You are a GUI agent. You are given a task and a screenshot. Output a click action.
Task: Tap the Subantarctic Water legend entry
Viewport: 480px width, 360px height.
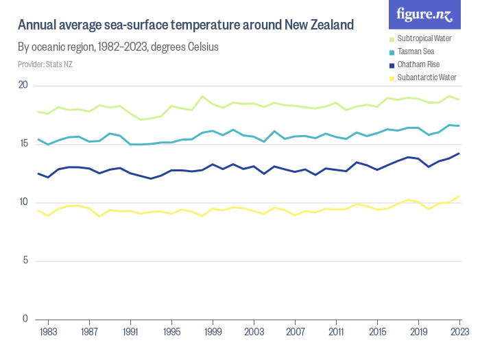(426, 77)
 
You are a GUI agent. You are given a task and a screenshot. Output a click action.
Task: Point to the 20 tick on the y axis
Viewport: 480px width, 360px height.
(23, 85)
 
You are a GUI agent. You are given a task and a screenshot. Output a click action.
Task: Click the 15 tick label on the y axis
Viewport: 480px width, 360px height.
(23, 143)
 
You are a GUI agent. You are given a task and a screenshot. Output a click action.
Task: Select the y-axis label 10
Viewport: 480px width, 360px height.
(23, 202)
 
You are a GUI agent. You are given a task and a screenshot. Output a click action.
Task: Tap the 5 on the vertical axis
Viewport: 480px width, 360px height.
(25, 261)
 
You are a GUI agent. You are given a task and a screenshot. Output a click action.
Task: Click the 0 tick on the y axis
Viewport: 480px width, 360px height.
(25, 319)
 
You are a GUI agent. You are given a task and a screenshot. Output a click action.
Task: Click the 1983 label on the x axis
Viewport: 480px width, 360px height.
(47, 332)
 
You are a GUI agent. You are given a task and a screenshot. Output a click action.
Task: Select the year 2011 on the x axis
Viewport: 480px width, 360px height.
(336, 332)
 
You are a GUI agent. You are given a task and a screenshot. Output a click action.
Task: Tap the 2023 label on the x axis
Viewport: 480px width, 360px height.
(459, 332)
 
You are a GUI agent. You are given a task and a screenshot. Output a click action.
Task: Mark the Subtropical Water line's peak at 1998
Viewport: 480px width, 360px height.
(202, 96)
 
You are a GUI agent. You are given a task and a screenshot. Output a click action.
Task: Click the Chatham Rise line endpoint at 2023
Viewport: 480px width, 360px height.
(459, 153)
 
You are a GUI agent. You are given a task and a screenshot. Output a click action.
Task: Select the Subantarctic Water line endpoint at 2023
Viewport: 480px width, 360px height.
(459, 196)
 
